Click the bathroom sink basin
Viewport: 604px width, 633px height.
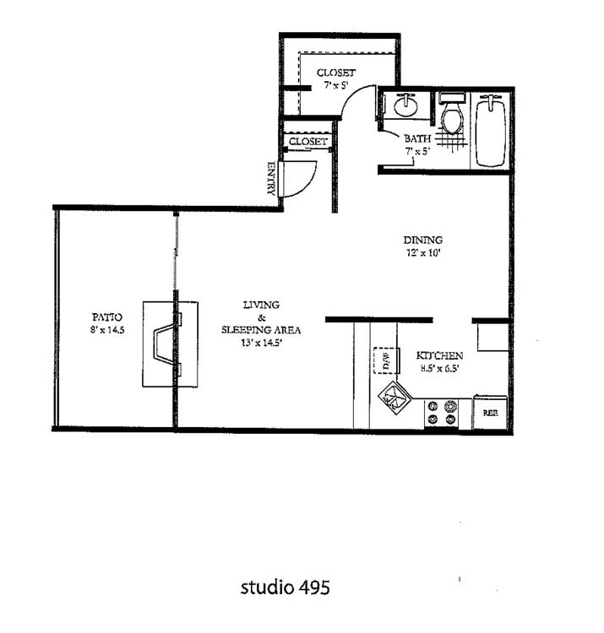[x=405, y=105]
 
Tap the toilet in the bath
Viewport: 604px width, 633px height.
[x=452, y=113]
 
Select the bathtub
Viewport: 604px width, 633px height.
[x=491, y=131]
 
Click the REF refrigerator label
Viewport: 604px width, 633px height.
[x=491, y=413]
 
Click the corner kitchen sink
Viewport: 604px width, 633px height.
[x=395, y=398]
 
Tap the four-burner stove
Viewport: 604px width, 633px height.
[x=442, y=413]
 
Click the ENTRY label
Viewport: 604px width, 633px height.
[x=271, y=178]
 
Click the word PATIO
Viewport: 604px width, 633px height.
[x=106, y=316]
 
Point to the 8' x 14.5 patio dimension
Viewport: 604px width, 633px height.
[x=107, y=330]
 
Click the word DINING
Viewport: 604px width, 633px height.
[x=422, y=240]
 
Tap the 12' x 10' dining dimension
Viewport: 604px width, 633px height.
[x=422, y=253]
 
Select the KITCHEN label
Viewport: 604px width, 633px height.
[x=439, y=355]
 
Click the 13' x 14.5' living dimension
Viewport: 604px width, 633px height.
[x=261, y=344]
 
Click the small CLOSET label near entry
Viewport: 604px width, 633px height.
[x=307, y=141]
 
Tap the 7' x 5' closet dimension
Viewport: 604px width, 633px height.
[x=336, y=85]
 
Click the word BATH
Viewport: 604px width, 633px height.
[x=417, y=138]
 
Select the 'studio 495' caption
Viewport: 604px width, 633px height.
[x=286, y=587]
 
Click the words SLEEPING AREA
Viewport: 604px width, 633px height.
[x=261, y=330]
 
